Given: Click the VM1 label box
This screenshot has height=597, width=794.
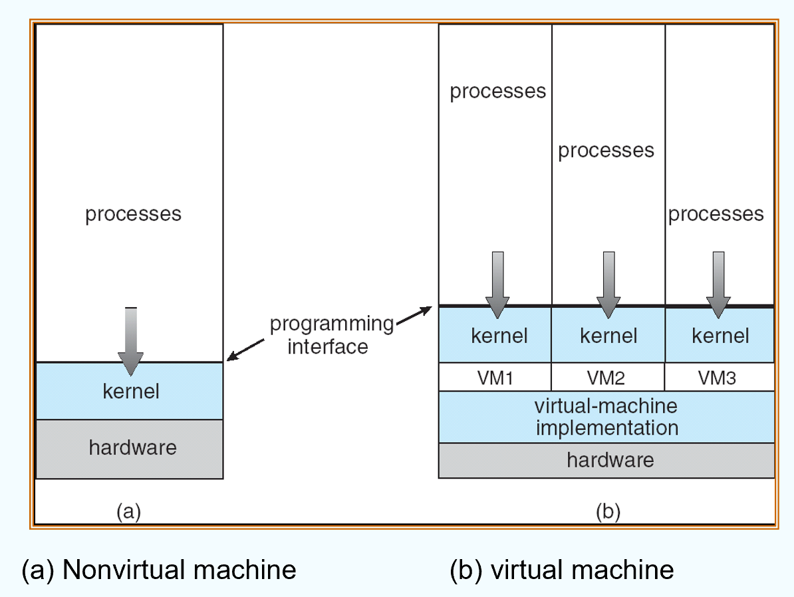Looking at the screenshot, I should coord(495,377).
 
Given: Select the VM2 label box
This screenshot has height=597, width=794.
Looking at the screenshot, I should coord(608,377).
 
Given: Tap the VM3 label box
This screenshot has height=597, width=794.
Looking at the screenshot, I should coord(720,377).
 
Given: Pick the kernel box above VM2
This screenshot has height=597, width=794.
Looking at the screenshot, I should coord(608,336).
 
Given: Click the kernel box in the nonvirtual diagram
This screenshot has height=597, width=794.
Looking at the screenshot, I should coord(130,391).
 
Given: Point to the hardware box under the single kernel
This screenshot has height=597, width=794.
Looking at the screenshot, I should coord(130,448).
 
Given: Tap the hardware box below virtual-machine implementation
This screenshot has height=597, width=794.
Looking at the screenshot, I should coord(606,460).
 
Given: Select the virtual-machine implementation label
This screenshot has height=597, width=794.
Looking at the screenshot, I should coord(606,417).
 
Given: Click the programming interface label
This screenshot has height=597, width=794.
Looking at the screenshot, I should coord(331,335).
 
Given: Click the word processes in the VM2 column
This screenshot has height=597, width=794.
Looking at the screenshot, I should coord(606,151).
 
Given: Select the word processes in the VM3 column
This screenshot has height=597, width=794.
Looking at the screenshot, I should coord(716,214).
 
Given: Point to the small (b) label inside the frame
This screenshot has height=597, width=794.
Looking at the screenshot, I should coord(608,512).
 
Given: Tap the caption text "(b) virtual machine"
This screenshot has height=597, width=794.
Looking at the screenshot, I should coord(562,570).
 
